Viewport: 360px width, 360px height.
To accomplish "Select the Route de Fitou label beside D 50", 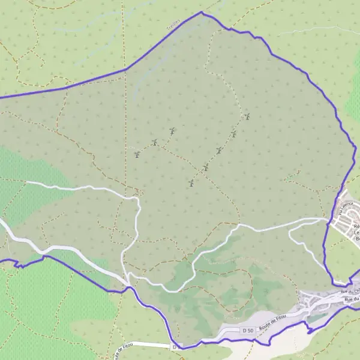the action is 274,325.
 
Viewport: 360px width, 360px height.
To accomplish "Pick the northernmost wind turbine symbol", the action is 247,116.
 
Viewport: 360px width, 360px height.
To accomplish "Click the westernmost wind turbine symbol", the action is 137,155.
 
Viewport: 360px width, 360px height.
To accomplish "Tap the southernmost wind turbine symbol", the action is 190,182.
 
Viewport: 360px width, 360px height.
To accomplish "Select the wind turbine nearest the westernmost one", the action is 155,143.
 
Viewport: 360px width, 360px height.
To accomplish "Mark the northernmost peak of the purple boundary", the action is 202,12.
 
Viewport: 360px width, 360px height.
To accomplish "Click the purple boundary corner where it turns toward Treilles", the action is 125,70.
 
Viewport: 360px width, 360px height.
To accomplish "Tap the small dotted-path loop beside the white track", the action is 138,192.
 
